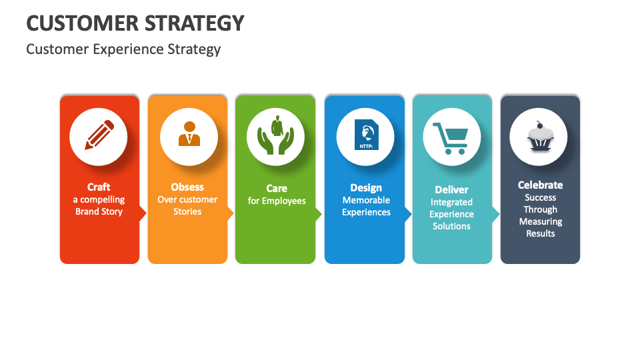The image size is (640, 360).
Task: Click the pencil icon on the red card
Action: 99,135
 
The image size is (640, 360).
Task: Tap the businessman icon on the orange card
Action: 189,134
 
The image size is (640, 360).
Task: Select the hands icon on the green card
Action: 275,136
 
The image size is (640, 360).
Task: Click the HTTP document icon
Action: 365,137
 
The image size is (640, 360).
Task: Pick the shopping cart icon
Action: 451,137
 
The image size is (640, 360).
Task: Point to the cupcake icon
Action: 538,137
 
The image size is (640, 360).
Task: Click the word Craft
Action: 99,187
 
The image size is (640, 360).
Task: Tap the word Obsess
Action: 187,187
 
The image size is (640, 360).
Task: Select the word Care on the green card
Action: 277,189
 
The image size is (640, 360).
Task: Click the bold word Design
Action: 366,188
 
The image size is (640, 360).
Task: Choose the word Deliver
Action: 451,190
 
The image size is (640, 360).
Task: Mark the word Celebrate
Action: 541,185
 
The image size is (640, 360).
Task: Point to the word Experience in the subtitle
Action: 120,49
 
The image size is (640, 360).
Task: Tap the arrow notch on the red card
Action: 143,213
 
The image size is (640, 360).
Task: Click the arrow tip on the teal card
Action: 496,213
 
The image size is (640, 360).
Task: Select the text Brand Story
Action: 99,212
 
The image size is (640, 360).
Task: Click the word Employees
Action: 283,201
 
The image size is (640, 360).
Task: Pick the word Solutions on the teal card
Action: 451,227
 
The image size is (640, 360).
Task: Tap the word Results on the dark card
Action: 541,234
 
